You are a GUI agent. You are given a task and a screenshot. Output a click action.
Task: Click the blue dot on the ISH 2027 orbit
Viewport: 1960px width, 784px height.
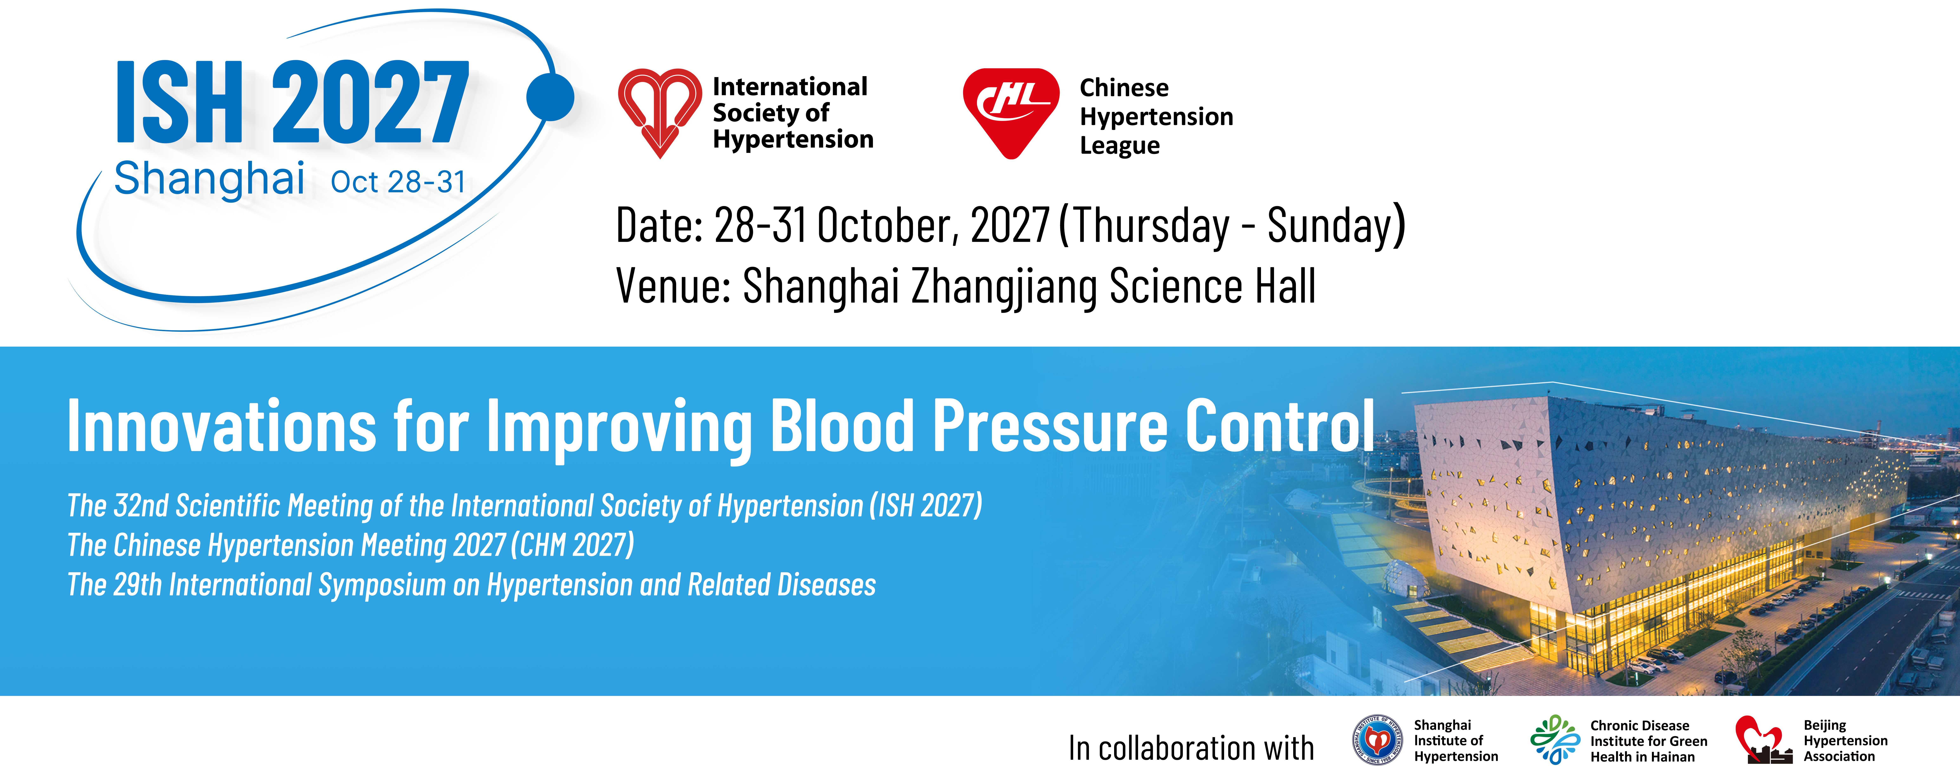point(550,97)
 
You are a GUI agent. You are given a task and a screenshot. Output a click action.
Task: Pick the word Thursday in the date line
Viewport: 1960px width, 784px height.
point(1152,227)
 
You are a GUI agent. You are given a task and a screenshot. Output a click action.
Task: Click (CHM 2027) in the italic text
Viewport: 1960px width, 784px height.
point(572,545)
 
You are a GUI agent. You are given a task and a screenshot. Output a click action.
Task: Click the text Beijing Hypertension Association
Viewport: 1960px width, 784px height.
point(1845,741)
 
